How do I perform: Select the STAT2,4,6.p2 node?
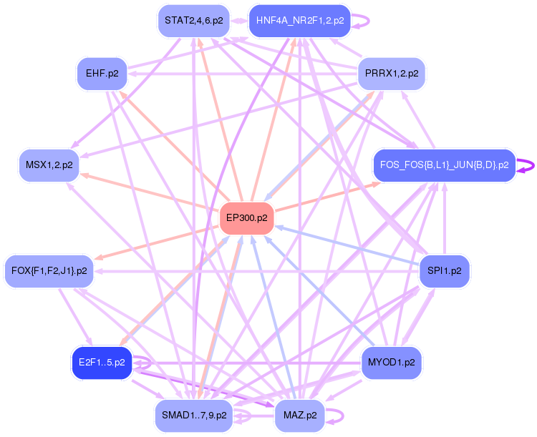tap(194, 21)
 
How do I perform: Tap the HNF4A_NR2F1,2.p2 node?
tap(299, 21)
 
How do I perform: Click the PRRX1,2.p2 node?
tap(391, 74)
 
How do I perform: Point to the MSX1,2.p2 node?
tap(49, 165)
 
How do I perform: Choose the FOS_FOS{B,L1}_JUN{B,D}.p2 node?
tap(444, 165)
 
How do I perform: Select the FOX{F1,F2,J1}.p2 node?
tap(49, 271)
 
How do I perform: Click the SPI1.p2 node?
tap(444, 271)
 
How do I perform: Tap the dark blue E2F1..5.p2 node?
tap(102, 363)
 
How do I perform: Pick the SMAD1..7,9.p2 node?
tap(194, 416)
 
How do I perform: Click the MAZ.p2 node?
tap(299, 416)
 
